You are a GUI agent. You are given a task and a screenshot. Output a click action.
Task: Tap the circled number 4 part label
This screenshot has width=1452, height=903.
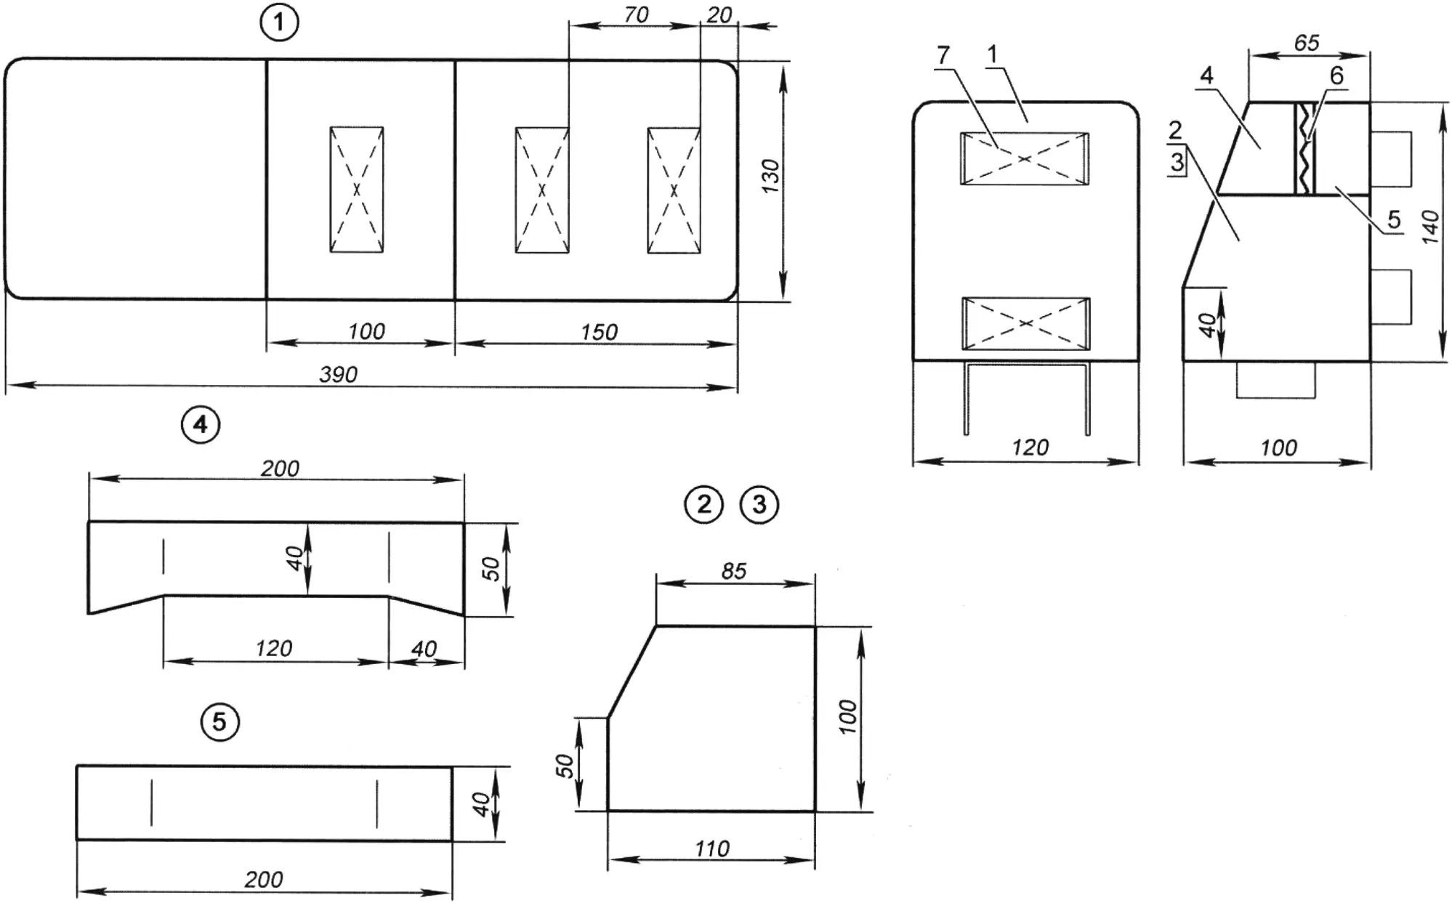click(201, 424)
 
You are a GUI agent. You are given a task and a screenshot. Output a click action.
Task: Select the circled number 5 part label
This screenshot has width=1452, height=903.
click(219, 721)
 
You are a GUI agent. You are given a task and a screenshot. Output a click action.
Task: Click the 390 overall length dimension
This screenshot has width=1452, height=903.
click(339, 374)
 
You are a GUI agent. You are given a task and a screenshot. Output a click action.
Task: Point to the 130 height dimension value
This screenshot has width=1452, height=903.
click(770, 176)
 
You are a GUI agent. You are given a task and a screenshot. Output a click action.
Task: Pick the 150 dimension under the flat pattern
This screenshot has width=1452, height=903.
click(599, 332)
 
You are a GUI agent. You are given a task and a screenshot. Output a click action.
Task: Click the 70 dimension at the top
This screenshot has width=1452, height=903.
click(636, 15)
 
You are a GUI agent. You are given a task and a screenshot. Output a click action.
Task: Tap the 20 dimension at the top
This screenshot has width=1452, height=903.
click(719, 15)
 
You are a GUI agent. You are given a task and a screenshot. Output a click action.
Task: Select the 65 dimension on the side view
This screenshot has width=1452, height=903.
click(1306, 43)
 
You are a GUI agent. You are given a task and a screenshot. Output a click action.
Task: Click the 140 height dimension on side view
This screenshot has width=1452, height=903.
click(1429, 227)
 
